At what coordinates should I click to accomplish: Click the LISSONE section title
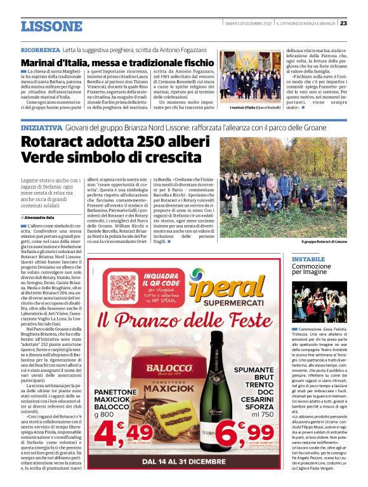pyautogui.click(x=51, y=26)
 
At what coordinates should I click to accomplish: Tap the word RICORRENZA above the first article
pyautogui.click(x=39, y=49)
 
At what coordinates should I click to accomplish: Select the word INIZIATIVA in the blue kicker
pyautogui.click(x=40, y=128)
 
